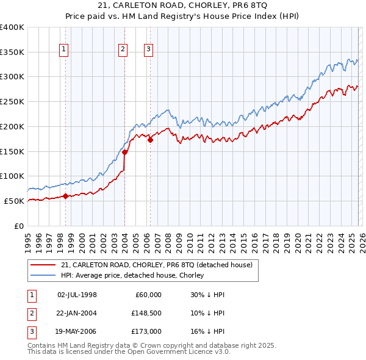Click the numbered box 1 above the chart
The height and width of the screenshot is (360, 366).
click(64, 50)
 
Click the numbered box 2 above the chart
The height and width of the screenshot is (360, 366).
click(123, 50)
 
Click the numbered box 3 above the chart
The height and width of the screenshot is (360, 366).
click(148, 50)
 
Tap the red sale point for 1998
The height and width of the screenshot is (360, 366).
click(65, 196)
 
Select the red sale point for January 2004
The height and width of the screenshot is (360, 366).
click(124, 153)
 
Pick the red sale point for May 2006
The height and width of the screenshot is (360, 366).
click(150, 140)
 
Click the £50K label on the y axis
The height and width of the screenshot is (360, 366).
click(14, 201)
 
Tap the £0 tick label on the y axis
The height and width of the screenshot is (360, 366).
click(18, 226)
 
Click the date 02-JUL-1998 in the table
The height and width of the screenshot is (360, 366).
click(77, 295)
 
